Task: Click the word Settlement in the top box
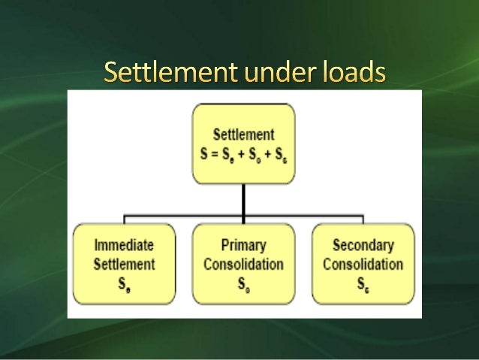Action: tap(243, 135)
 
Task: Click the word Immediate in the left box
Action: tap(124, 245)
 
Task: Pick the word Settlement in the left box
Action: tap(124, 264)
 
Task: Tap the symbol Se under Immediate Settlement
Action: tap(124, 284)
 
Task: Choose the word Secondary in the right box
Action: tap(363, 245)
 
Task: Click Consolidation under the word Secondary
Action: tap(363, 264)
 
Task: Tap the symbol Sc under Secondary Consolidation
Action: tap(363, 284)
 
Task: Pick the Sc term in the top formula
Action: tap(280, 154)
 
